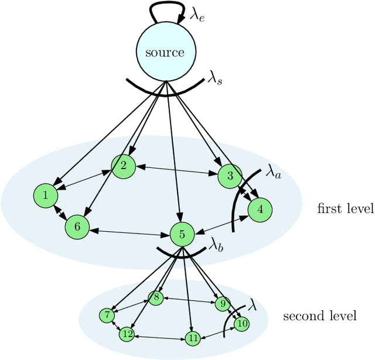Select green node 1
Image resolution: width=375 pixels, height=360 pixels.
[45, 196]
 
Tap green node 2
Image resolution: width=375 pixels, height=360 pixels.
[123, 166]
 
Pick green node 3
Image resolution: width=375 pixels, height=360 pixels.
[229, 176]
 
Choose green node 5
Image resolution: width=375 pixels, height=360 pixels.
[182, 235]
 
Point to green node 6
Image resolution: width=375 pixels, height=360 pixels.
[76, 226]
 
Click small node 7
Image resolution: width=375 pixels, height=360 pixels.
[107, 315]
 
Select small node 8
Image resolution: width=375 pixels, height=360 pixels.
[156, 297]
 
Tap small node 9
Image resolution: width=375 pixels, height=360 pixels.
[221, 304]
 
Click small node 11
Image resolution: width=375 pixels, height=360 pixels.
[192, 338]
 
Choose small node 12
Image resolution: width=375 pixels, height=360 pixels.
[127, 334]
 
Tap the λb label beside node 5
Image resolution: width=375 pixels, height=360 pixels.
[216, 245]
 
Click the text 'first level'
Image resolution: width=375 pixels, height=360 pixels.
[345, 209]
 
